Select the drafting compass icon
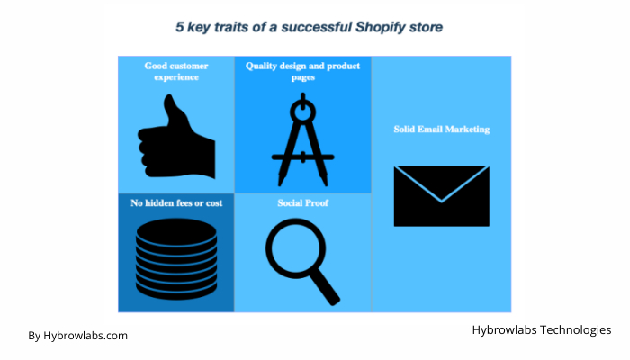click(x=303, y=139)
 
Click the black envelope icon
click(x=442, y=196)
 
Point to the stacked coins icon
click(x=176, y=259)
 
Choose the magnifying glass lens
click(x=295, y=247)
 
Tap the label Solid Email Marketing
click(x=442, y=130)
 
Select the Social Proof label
click(x=303, y=203)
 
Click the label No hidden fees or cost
click(x=176, y=203)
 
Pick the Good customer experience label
click(x=176, y=71)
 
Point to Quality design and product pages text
click(x=303, y=71)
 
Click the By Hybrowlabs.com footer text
click(x=78, y=336)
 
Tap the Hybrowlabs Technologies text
click(x=542, y=330)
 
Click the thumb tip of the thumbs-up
click(x=169, y=97)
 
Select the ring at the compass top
click(x=303, y=112)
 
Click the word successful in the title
click(x=317, y=27)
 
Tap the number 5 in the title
click(x=180, y=27)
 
